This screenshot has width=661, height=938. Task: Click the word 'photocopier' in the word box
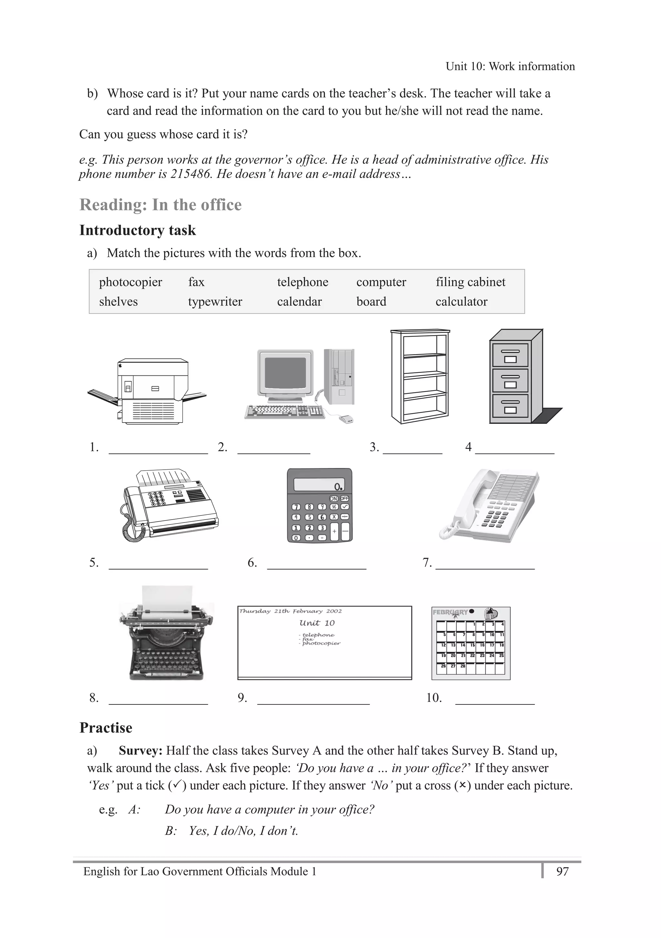[130, 282]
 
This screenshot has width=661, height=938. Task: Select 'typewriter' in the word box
[215, 302]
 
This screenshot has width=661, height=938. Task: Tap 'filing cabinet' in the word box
[470, 282]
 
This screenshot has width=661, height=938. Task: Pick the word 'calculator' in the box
[461, 302]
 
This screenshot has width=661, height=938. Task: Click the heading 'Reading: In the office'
[160, 205]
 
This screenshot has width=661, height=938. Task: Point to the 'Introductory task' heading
[137, 230]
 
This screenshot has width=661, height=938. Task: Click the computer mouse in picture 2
[346, 419]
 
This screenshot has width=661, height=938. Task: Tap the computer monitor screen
[285, 374]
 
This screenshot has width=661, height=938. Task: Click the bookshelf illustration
[420, 376]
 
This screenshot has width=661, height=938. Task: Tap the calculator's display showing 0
[319, 484]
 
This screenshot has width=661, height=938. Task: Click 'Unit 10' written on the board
[317, 623]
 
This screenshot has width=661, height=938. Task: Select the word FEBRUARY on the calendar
[450, 612]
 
